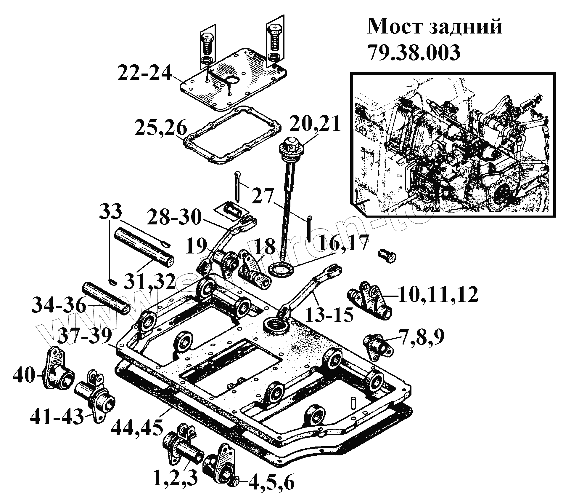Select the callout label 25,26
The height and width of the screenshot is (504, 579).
161,128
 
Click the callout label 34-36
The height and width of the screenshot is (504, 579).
59,305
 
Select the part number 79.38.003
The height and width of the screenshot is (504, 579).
414,53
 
